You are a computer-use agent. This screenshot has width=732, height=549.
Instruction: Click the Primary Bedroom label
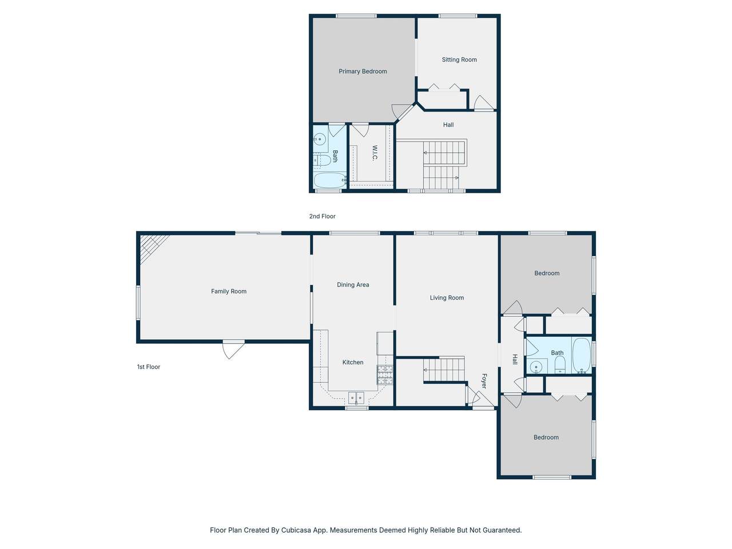pos(363,71)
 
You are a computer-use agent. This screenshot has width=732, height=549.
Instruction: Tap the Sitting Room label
pos(459,59)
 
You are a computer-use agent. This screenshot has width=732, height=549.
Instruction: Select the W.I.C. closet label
pos(375,153)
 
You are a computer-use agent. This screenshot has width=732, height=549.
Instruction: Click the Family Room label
pos(228,291)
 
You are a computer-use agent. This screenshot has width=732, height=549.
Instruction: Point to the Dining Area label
pos(353,285)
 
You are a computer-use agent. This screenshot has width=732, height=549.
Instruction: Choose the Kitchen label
pos(352,363)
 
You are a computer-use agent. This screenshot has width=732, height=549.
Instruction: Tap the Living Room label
pos(447,298)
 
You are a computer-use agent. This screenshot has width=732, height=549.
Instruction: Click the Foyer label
pos(484,381)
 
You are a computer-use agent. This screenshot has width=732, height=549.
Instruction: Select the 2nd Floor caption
pos(322,216)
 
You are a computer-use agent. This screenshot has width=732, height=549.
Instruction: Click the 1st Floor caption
pos(148,367)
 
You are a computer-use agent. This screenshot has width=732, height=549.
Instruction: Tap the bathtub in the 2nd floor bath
pos(330,180)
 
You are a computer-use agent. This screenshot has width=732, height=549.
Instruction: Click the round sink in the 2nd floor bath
pos(320,138)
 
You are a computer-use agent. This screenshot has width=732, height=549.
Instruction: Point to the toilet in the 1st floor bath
pos(560,365)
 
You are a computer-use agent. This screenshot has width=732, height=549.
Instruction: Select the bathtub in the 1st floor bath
pos(581,355)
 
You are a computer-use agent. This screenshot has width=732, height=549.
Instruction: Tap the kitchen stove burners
pos(384,375)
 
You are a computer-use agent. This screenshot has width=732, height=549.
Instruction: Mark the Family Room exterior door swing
pos(233,351)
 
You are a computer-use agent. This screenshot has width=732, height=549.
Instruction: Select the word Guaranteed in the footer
pos(503,530)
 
